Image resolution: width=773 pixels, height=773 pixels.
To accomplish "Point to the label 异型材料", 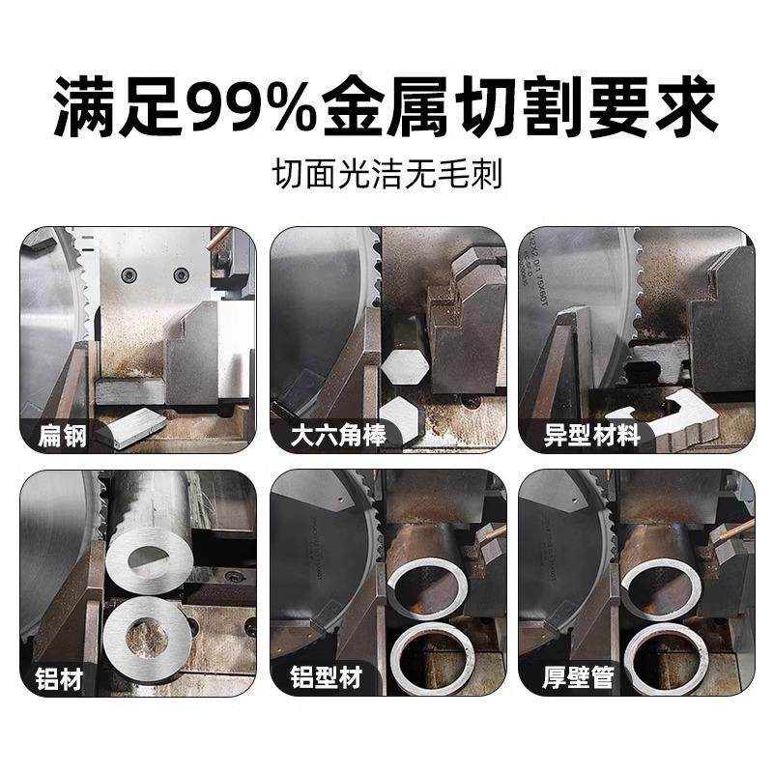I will click(579, 436).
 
